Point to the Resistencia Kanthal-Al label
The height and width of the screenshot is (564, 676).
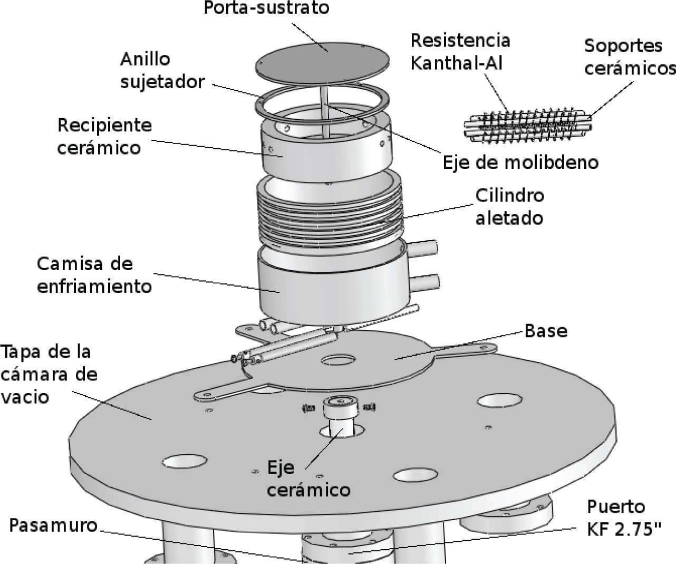coord(460,51)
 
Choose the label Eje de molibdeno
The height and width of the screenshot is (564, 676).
coord(520,161)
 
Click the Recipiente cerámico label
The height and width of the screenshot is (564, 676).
coord(104,136)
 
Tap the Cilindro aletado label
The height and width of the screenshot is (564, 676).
coord(509,206)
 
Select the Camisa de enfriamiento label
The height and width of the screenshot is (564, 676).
coord(94,274)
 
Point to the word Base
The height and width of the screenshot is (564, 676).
coord(546,331)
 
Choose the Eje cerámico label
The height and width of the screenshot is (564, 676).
coord(308,479)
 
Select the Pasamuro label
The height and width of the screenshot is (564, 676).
coord(54,525)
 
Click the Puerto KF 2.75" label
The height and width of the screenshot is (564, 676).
coord(624,518)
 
